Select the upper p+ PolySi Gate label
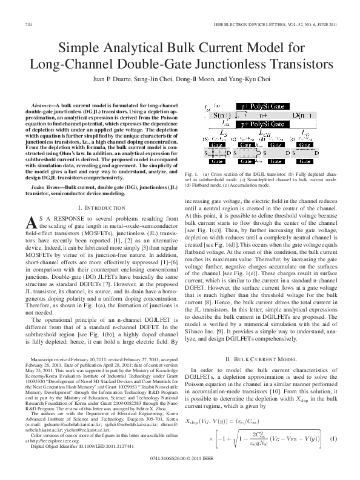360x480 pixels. coord(263,106)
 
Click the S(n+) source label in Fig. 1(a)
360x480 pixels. coord(227,115)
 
